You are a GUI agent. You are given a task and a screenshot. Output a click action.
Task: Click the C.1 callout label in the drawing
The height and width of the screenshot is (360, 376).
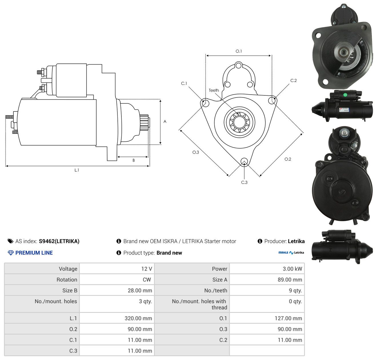[184, 83]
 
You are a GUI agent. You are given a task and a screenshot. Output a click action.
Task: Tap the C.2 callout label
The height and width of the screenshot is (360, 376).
[293, 80]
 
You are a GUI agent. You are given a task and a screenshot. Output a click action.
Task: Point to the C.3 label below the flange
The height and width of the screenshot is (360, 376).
[244, 182]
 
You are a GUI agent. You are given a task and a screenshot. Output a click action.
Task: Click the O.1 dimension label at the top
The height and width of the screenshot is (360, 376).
[239, 51]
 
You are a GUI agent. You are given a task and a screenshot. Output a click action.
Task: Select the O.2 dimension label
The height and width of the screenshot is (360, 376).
[288, 159]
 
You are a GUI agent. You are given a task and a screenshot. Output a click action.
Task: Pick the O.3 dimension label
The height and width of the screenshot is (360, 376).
[195, 152]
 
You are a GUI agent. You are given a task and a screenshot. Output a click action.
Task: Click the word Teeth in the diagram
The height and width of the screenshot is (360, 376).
[214, 90]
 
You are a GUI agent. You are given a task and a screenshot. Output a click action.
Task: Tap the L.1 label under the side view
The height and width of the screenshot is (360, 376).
[77, 170]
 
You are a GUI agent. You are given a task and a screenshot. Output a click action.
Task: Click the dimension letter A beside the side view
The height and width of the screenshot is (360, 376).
[165, 121]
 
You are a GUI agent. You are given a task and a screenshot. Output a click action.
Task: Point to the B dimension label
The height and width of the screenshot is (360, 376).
[133, 160]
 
